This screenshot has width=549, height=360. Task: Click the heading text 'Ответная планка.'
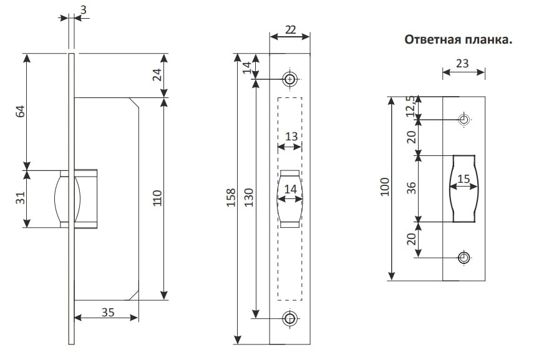(x=459, y=40)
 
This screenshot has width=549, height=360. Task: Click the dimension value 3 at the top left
(x=83, y=9)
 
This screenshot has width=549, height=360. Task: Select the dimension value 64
(x=20, y=112)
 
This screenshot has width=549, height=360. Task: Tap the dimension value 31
(x=20, y=199)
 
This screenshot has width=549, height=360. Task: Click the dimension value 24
(x=158, y=75)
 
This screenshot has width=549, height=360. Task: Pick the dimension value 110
(x=158, y=199)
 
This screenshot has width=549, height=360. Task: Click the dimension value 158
(x=231, y=198)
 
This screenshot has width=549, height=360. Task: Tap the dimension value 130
(x=248, y=198)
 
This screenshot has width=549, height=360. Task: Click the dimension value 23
(x=464, y=62)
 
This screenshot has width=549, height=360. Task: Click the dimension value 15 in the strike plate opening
(x=464, y=179)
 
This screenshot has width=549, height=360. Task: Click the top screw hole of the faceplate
(x=289, y=79)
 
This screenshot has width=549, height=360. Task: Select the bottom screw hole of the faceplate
(x=289, y=318)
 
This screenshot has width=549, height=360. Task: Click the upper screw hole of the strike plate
(x=464, y=119)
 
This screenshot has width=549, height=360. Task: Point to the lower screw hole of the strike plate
(x=464, y=257)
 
